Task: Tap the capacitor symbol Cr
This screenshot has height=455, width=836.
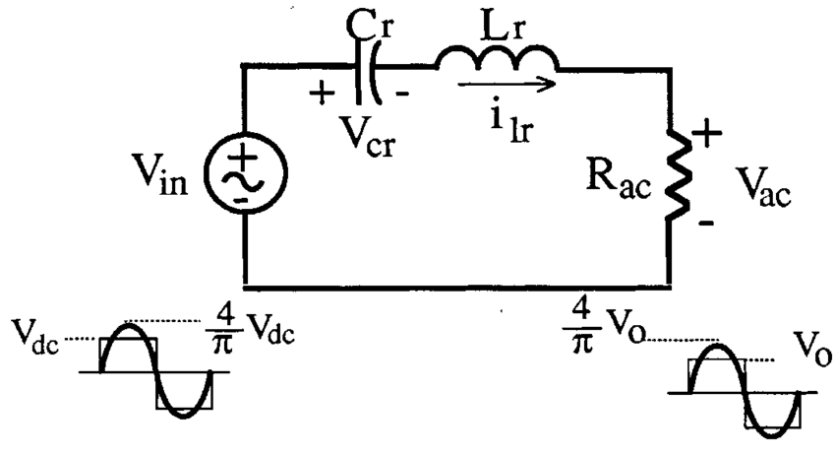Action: [x=368, y=69]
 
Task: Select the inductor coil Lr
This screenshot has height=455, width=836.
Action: [x=498, y=58]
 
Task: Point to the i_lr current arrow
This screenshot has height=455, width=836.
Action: [x=507, y=84]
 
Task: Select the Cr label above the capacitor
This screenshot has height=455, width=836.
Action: [x=369, y=24]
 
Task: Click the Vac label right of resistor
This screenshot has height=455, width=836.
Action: [x=762, y=186]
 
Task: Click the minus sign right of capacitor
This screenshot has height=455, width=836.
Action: [x=402, y=95]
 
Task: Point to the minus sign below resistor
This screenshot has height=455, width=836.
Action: [x=706, y=223]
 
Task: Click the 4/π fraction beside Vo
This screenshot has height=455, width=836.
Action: [x=581, y=327]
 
